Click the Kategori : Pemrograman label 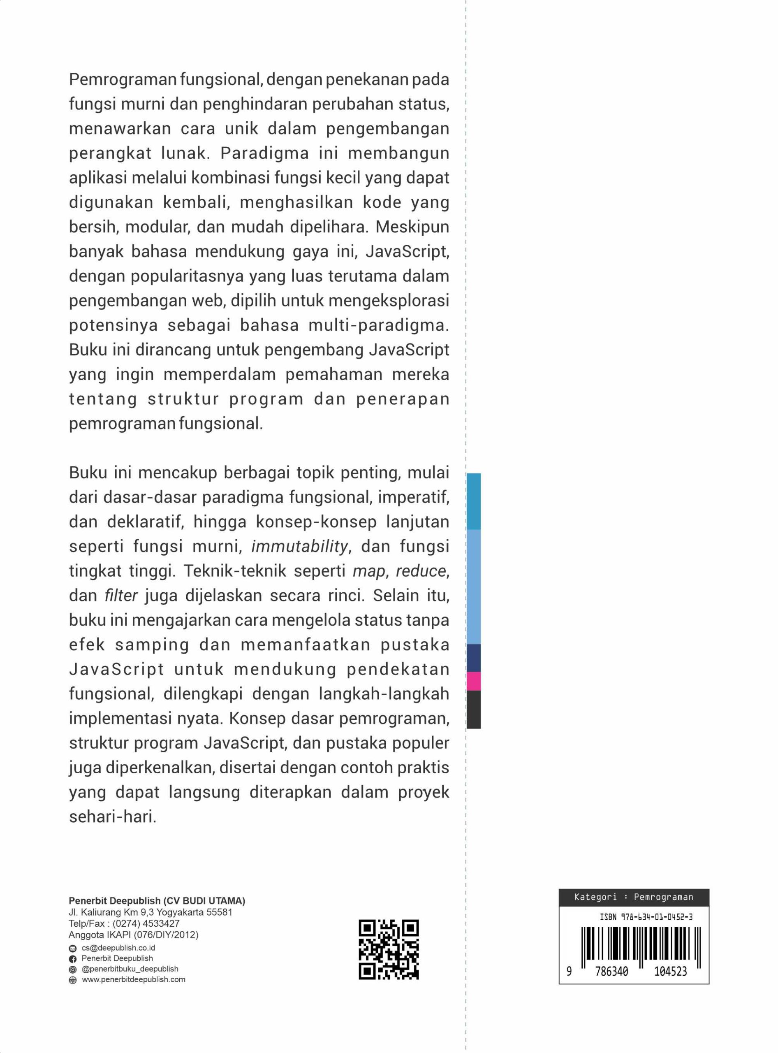pyautogui.click(x=633, y=897)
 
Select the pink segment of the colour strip pyautogui.click(x=473, y=681)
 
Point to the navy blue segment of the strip pyautogui.click(x=473, y=658)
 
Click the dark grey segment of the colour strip pyautogui.click(x=473, y=709)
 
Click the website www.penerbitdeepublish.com pyautogui.click(x=133, y=979)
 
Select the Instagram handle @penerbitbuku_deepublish pyautogui.click(x=130, y=969)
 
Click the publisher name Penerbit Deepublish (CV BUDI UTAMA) pyautogui.click(x=157, y=901)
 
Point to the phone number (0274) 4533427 pyautogui.click(x=146, y=923)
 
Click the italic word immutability pyautogui.click(x=299, y=547)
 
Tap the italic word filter pyautogui.click(x=121, y=596)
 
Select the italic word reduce pyautogui.click(x=421, y=571)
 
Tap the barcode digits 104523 pyautogui.click(x=670, y=972)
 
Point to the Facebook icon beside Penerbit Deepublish pyautogui.click(x=72, y=959)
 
